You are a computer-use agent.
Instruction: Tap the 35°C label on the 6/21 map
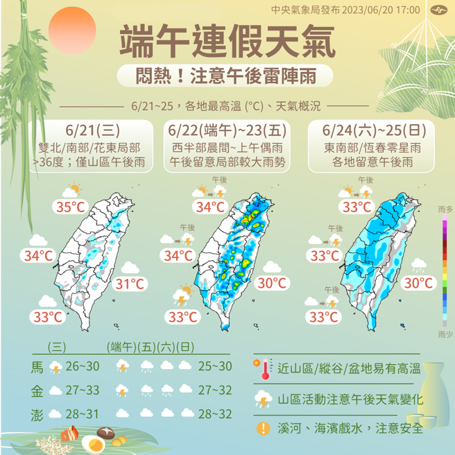point(71,207)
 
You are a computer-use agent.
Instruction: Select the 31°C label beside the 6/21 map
point(130,283)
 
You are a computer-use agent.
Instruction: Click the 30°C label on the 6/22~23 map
point(272,283)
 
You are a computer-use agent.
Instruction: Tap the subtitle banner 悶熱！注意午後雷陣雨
point(227,75)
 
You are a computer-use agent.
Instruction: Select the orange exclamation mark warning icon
point(263,427)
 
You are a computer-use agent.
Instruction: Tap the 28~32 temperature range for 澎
point(214,414)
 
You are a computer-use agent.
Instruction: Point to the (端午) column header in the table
point(121,347)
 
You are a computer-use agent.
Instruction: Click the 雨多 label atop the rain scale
point(446,208)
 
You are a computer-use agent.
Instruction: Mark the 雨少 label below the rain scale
point(446,334)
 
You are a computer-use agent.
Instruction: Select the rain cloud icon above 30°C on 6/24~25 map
point(418,264)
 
